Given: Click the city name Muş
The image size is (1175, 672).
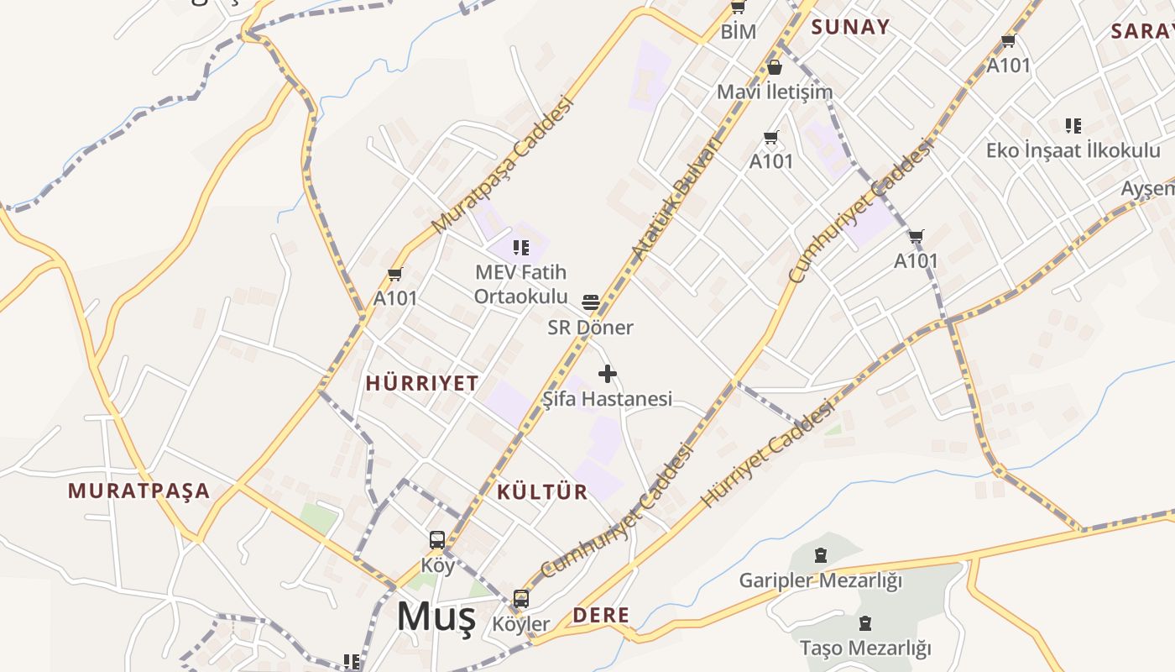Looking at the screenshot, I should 436,617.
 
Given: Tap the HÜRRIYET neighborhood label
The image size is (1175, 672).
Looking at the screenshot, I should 422,383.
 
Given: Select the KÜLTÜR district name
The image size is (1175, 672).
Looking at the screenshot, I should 542,491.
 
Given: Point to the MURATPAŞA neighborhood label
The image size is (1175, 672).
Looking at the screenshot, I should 138,491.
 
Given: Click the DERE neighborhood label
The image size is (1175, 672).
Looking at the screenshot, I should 601,615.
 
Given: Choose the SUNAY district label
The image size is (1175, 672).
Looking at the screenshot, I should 850,27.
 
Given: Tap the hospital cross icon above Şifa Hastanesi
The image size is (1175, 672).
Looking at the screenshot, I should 608,374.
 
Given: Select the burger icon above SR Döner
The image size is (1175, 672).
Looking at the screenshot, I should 591,302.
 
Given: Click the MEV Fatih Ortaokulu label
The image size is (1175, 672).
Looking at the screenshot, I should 520,284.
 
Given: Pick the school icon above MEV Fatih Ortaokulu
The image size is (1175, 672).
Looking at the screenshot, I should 521,248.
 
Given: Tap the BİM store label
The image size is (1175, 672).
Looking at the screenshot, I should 739,32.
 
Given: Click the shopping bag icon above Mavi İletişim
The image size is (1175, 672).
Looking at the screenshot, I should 775,67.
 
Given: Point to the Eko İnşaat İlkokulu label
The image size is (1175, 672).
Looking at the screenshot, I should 1073,150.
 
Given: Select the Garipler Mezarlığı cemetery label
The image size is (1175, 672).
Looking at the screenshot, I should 820,580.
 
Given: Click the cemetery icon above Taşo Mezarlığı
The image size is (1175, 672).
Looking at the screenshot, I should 865,623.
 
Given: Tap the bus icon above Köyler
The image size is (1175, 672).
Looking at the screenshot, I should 521,599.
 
